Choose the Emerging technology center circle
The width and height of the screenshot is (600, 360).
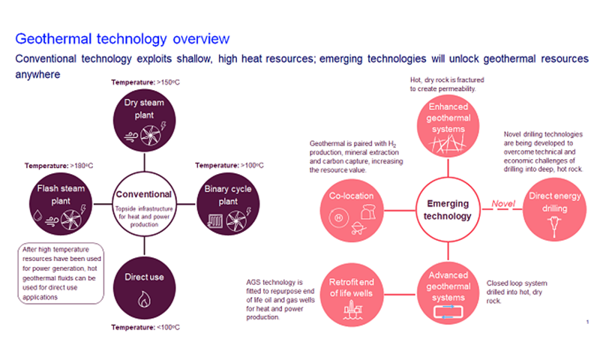(447, 209)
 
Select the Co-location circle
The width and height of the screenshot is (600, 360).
(351, 208)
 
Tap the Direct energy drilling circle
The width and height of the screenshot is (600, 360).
(553, 209)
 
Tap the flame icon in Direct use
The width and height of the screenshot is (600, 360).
(144, 300)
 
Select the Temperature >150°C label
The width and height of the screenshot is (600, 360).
(144, 82)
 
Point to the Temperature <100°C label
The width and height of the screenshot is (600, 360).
(144, 327)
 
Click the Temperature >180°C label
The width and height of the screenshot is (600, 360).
(58, 165)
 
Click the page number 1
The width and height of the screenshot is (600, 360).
(586, 321)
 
